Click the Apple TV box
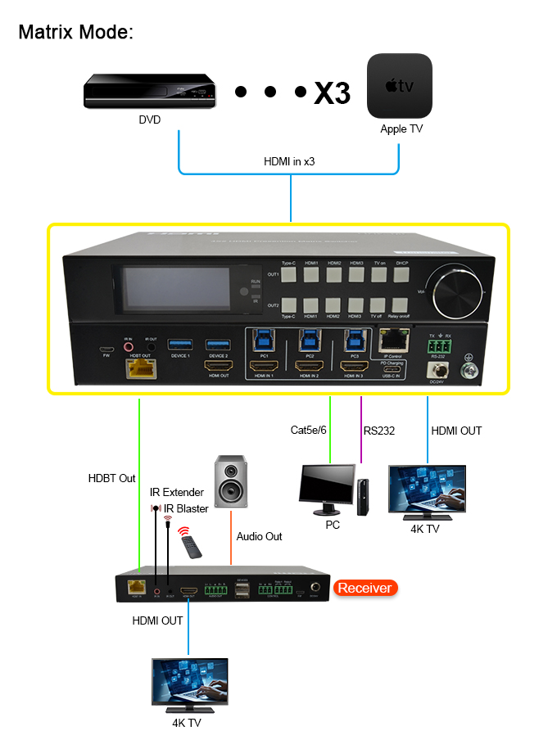point(399,87)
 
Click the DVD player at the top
point(149,91)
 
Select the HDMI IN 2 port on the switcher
point(308,366)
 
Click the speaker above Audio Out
point(230,482)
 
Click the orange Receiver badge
point(365,588)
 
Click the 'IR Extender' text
point(176,492)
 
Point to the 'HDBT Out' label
point(112,478)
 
